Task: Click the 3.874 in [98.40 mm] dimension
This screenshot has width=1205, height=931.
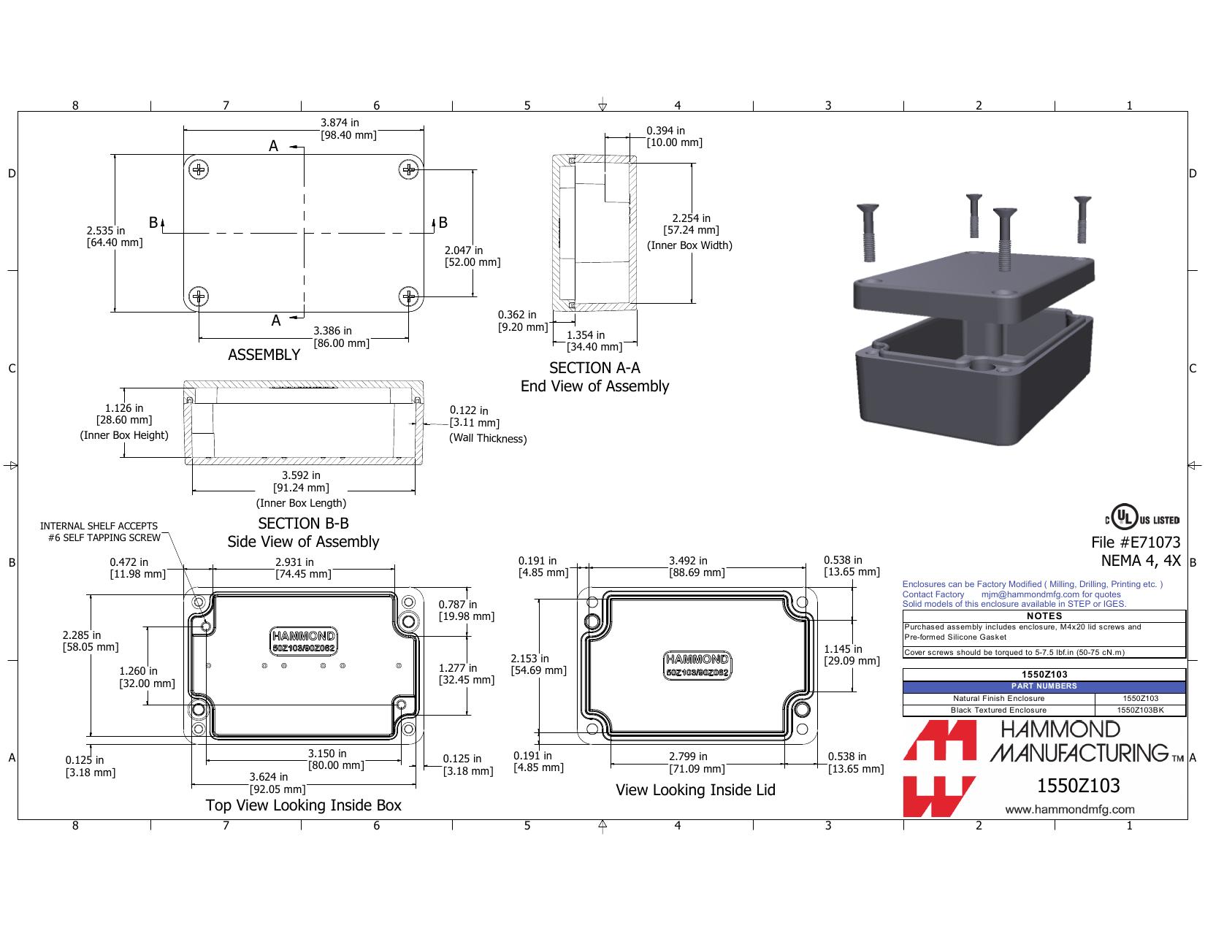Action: coord(348,129)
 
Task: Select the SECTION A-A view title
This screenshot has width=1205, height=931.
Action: coord(594,367)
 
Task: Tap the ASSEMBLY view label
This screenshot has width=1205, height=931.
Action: coord(264,354)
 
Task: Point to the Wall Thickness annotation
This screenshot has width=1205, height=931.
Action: coord(487,438)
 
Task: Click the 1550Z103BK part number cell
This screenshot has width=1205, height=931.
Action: coord(1140,710)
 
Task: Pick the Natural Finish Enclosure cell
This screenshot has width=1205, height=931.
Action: coord(999,698)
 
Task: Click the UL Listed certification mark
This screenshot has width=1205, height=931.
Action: coord(1141,518)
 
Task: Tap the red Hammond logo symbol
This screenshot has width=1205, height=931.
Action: coord(939,768)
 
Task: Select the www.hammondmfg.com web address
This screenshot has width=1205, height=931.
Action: coord(1070,809)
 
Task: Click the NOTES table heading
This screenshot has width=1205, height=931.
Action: coord(1044,616)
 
